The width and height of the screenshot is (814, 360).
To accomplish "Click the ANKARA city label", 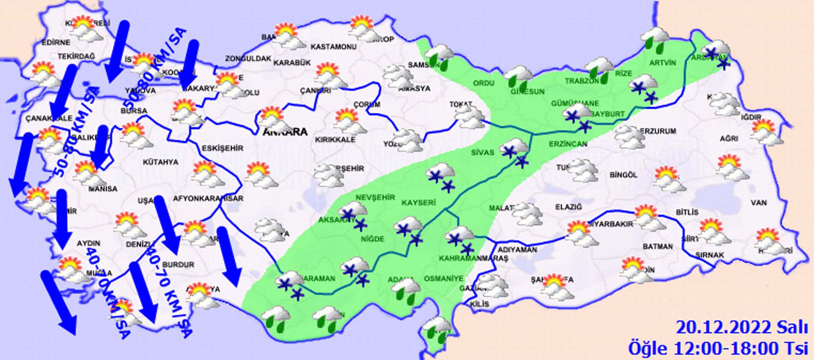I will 285,132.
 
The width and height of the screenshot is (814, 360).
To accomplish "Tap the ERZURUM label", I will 658,131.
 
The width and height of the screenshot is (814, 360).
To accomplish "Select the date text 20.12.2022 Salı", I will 742,328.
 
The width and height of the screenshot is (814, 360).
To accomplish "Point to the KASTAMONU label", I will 333,47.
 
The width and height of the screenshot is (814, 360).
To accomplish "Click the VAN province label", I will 758,203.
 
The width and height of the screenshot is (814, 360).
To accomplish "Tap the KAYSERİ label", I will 418,203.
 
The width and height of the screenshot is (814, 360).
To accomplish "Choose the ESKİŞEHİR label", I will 222,148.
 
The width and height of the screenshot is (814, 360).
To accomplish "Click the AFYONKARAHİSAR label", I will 208,198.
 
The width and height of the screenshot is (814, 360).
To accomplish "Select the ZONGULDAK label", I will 248,59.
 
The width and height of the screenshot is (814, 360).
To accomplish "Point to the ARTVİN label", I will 663,63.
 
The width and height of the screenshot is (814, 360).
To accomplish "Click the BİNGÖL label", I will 623,174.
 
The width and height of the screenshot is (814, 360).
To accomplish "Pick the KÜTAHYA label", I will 160,162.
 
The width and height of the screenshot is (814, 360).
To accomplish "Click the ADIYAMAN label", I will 517,250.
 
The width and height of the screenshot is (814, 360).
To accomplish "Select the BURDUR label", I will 178,265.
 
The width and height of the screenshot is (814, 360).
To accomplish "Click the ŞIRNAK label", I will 710,255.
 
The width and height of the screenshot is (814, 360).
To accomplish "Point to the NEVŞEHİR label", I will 375,197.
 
